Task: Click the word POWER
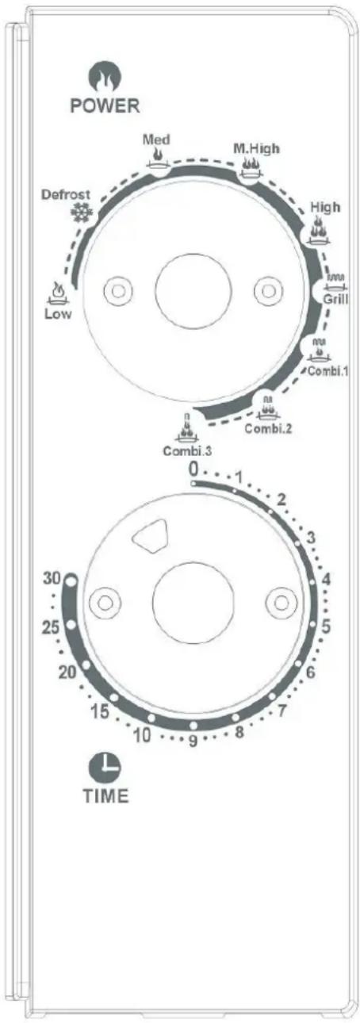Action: click(x=105, y=105)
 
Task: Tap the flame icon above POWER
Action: click(x=104, y=77)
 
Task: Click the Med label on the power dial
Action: click(x=156, y=140)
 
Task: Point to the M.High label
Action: click(x=256, y=148)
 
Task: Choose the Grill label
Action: click(x=335, y=299)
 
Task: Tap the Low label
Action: click(x=58, y=314)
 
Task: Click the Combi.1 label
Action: click(x=327, y=370)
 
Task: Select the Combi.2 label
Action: click(x=268, y=429)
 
